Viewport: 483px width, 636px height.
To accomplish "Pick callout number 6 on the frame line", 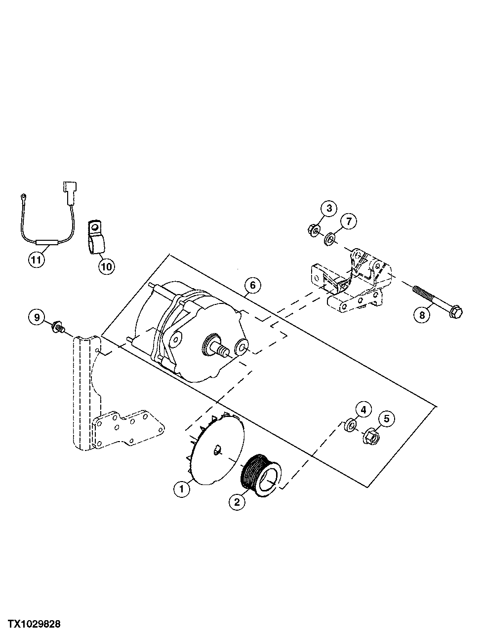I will (x=252, y=285).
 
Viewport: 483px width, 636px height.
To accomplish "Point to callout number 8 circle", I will (x=421, y=315).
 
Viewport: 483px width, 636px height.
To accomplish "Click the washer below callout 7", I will (x=329, y=240).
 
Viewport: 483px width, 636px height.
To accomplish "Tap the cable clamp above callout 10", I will (x=96, y=238).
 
